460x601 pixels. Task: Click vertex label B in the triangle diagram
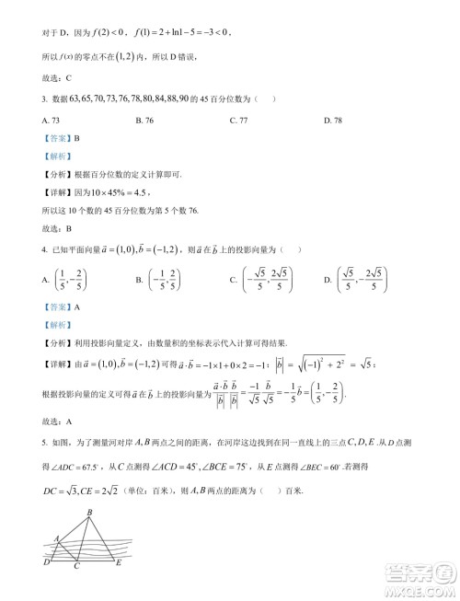point(89,513)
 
